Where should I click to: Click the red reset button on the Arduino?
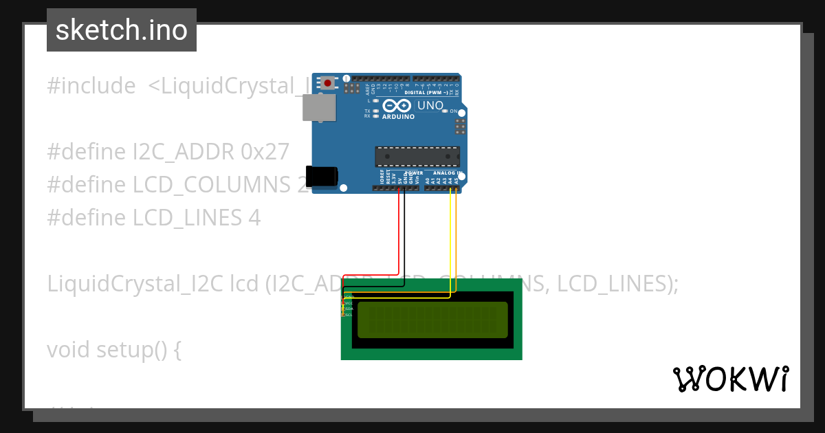[328, 83]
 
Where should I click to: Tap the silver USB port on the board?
[319, 108]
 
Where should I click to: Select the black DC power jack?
[321, 176]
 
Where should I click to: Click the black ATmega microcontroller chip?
[417, 157]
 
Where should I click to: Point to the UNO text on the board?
[430, 105]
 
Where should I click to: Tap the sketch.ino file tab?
[122, 30]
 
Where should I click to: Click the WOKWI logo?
[730, 379]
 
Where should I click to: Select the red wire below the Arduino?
[399, 234]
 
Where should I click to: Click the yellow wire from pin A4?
[450, 241]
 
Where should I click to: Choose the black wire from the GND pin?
[405, 234]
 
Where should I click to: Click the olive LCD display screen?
[432, 320]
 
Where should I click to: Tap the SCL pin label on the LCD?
[349, 315]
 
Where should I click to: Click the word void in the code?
[69, 350]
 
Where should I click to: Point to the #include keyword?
[91, 86]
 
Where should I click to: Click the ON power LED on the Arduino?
[446, 111]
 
